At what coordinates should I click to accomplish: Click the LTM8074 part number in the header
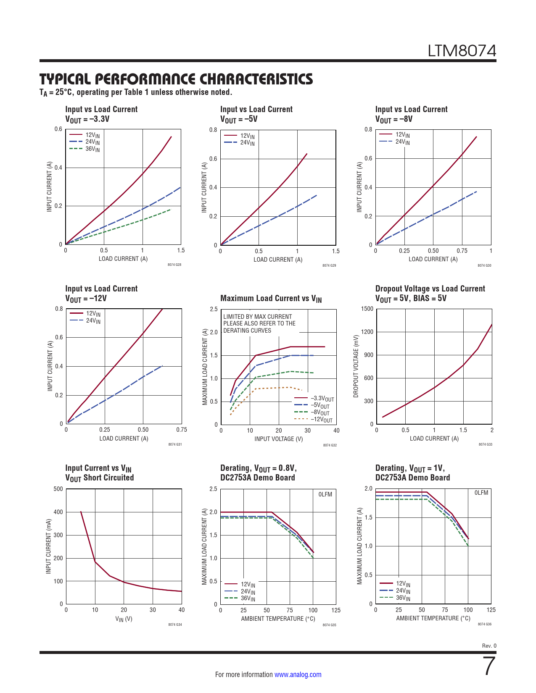[x=462, y=51]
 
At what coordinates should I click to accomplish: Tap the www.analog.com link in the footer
[x=298, y=675]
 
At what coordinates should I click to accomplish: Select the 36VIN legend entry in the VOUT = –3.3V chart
[x=92, y=149]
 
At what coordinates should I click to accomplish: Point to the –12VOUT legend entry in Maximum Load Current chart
[x=322, y=420]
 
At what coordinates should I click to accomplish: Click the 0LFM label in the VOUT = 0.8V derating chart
[x=325, y=494]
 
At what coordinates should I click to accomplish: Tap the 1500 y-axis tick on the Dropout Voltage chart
[x=367, y=309]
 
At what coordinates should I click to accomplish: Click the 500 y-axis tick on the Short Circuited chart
[x=58, y=489]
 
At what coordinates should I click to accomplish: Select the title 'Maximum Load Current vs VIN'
[x=271, y=299]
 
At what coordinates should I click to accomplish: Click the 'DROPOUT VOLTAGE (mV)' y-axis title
[x=356, y=366]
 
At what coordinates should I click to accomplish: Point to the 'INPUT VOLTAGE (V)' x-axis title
[x=278, y=439]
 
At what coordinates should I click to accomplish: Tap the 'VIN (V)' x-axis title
[x=124, y=619]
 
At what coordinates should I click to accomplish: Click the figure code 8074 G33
[x=485, y=444]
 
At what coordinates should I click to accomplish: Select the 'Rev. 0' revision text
[x=489, y=646]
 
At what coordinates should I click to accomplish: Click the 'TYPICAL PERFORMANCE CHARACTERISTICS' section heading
[x=176, y=79]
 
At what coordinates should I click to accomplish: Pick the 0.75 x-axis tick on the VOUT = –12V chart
[x=182, y=430]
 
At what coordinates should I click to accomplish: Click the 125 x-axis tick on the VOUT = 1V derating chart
[x=491, y=610]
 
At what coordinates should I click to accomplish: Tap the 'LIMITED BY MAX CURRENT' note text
[x=257, y=317]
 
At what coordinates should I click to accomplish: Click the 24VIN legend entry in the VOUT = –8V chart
[x=402, y=142]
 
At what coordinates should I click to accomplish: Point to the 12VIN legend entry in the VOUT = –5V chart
[x=247, y=136]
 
